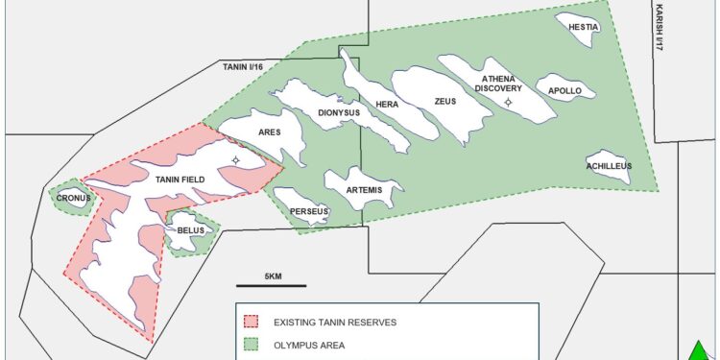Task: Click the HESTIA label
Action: (584, 28)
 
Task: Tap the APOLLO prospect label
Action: (564, 91)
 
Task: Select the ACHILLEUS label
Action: (609, 166)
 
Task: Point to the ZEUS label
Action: (445, 101)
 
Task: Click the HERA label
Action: (387, 104)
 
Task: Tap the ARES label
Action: (269, 132)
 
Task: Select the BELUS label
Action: (188, 230)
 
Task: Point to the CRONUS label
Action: (74, 199)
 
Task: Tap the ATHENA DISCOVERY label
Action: (497, 84)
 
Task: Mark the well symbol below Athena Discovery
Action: (509, 102)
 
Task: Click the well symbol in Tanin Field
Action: (236, 160)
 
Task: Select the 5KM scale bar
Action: (272, 284)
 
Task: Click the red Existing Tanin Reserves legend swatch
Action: (252, 322)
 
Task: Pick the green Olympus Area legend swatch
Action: (252, 344)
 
